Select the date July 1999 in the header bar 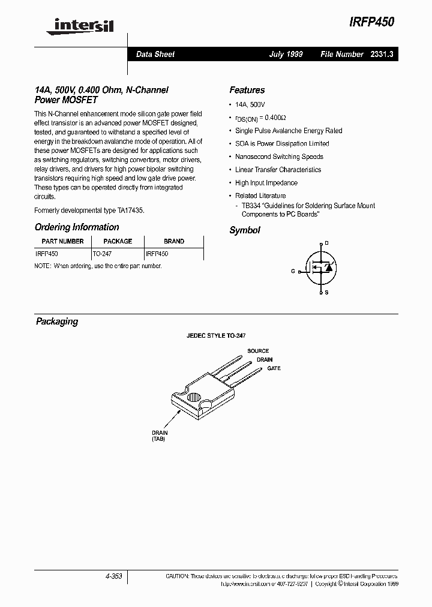pos(286,54)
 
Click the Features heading pos(247,90)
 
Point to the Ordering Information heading pos(77,227)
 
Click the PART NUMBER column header pos(62,241)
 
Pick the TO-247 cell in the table pos(102,254)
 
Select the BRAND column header pos(174,241)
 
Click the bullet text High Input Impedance pos(266,183)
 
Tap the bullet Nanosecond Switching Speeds pos(279,157)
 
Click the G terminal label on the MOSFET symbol pos(293,271)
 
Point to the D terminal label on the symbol pos(326,244)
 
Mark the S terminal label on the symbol pos(326,292)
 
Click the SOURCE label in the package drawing pos(258,351)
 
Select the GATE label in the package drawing pos(274,368)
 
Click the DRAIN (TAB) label pos(160,435)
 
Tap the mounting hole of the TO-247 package pos(194,396)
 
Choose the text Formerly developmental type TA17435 pos(89,211)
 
